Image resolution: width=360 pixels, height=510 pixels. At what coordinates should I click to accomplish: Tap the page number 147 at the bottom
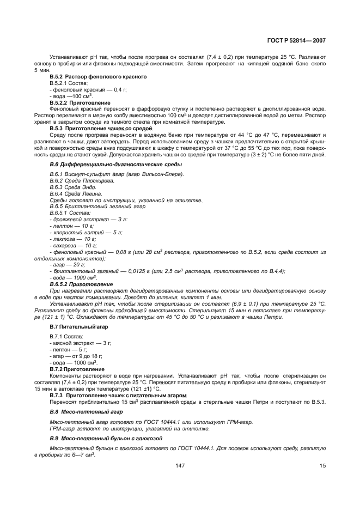pos(180,465)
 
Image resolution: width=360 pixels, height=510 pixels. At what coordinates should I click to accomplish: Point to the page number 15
pos(322,465)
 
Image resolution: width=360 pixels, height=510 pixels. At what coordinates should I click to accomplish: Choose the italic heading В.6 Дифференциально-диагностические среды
pos(116,164)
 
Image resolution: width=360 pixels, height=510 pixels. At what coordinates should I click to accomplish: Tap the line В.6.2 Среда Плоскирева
pos(82,180)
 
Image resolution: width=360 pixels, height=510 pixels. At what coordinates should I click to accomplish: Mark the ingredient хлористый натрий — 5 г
pos(86,232)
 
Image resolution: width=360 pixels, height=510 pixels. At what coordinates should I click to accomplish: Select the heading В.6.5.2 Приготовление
pos(81,284)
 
